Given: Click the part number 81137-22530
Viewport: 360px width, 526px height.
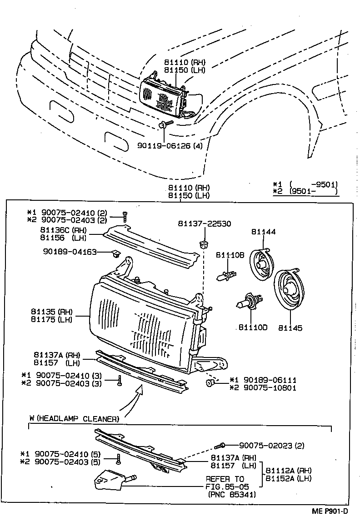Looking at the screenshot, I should pos(205,223).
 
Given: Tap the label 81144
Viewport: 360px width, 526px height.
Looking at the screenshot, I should pos(263,232).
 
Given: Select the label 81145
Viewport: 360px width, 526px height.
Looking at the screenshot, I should pos(290,328).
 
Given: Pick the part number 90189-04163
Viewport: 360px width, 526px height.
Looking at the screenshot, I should pos(70,251).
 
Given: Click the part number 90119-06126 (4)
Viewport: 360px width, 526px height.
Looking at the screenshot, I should pos(170,146).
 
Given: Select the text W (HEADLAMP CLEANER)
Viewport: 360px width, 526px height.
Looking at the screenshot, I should pos(74,418).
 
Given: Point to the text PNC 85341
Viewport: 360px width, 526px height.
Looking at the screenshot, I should pos(231,494).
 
